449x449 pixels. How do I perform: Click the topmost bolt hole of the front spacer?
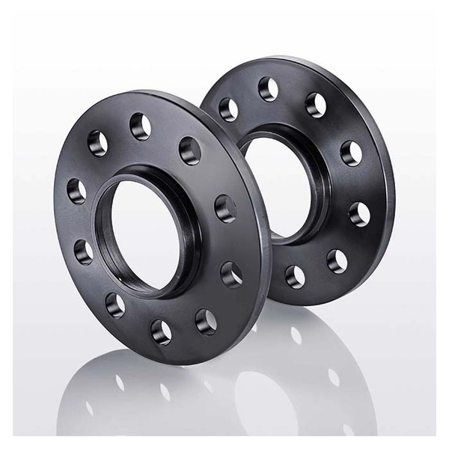[x=140, y=126]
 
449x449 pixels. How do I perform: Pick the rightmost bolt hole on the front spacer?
[x=232, y=274]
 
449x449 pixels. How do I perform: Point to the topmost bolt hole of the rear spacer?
[x=268, y=88]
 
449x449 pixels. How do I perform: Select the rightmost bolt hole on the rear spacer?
[x=360, y=215]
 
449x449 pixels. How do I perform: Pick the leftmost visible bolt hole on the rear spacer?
[x=228, y=109]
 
